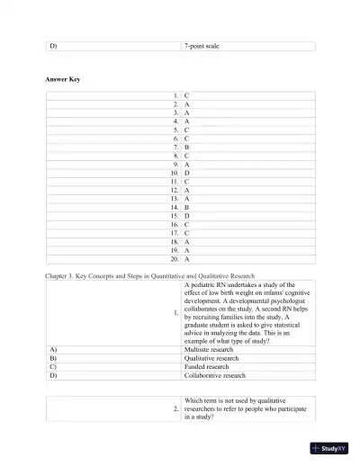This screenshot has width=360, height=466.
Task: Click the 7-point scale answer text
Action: pyautogui.click(x=202, y=45)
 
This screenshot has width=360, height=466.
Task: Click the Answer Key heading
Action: pyautogui.click(x=63, y=80)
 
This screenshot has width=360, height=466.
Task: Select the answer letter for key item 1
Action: pyautogui.click(x=186, y=94)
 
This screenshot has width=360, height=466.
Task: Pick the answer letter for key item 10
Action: pyautogui.click(x=186, y=173)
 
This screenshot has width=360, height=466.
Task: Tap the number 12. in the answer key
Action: pyautogui.click(x=174, y=190)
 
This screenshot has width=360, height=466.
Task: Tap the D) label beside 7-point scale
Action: pyautogui.click(x=53, y=45)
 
